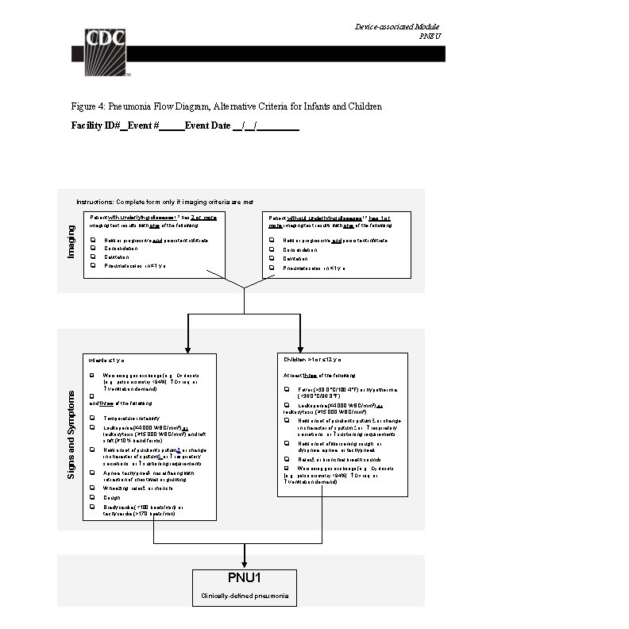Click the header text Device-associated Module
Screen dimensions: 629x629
[x=396, y=27]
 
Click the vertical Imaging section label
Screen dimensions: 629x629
[x=71, y=241]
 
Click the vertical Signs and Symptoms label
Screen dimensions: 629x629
[x=71, y=433]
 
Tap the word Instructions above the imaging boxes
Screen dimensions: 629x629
[x=95, y=203]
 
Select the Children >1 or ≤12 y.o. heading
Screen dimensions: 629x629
[x=312, y=361]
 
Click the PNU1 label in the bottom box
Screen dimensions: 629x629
[x=244, y=578]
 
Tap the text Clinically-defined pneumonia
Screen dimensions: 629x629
[x=244, y=596]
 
